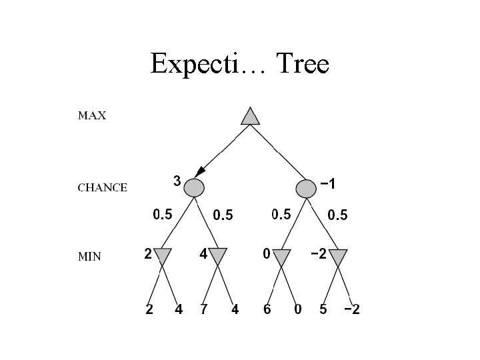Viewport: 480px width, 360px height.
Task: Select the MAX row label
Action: [92, 115]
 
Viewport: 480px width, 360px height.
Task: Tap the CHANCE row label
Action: [103, 188]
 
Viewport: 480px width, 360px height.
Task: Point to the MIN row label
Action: [89, 257]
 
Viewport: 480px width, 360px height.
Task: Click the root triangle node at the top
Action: [250, 116]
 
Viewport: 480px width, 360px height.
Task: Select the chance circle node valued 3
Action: [193, 188]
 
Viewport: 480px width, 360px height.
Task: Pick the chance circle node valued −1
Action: [306, 188]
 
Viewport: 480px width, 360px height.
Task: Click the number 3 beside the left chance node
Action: [177, 180]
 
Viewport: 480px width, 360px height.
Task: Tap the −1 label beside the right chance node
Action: [327, 183]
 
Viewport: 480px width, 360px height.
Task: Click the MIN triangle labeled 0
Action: [282, 257]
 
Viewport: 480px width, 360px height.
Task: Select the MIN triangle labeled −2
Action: [338, 257]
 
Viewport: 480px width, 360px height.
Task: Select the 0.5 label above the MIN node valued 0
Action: [281, 215]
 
